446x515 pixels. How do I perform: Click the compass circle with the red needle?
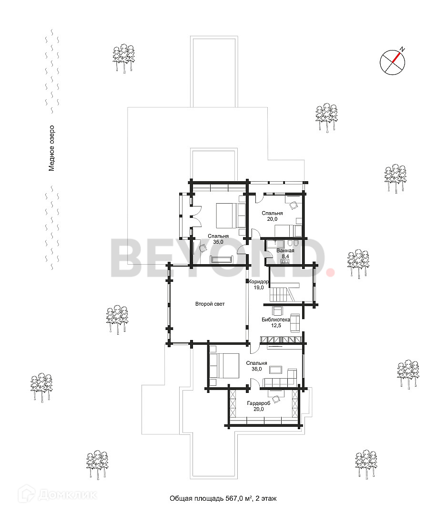pos(393,62)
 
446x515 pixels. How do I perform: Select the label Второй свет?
pos(210,304)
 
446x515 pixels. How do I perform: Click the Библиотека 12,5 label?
pos(276,322)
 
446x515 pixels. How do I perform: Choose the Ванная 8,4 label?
pos(285,253)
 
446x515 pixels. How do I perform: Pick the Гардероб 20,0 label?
pos(258,406)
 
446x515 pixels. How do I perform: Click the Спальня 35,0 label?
pos(218,239)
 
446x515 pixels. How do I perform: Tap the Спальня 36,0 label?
pos(256,366)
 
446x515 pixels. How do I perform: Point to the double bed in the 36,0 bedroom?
pos(223,365)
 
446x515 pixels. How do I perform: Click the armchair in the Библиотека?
pos(277,310)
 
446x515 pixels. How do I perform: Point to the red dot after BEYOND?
pos(330,272)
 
